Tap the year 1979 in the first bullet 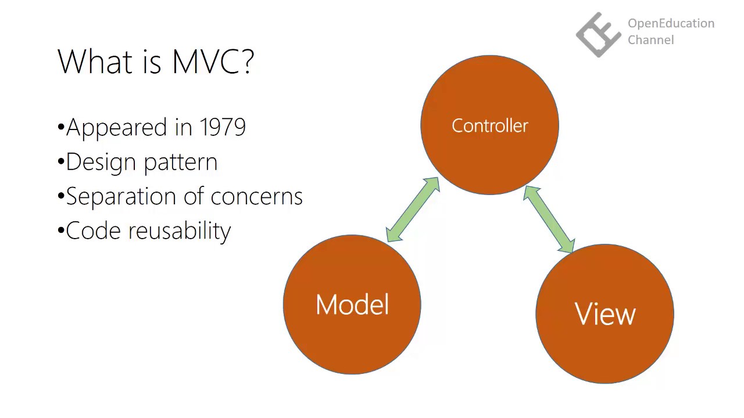223,127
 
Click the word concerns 257,197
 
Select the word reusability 180,232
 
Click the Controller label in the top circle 489,125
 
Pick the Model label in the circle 352,305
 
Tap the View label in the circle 605,314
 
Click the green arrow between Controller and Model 413,210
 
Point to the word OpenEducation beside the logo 671,24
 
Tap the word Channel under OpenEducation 650,40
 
